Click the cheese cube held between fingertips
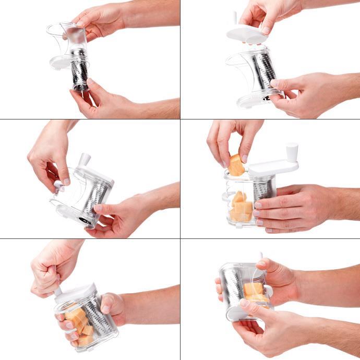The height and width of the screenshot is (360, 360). [x=236, y=165]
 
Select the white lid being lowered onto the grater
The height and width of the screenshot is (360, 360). [x=247, y=35]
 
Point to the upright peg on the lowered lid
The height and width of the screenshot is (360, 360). [x=235, y=18]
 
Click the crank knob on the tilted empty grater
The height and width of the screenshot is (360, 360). [x=83, y=160]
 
